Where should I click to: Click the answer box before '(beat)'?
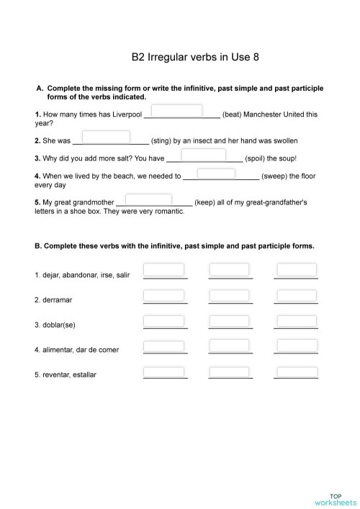pos(177,111)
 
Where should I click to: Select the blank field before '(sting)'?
pos(107,137)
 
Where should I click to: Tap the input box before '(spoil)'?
pos(204,155)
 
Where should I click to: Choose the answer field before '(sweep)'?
pos(216,174)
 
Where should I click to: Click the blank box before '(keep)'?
pos(148,199)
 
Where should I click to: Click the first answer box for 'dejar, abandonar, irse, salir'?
pos(164,270)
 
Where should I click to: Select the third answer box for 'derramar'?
pos(297,296)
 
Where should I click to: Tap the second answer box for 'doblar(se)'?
pos(229,320)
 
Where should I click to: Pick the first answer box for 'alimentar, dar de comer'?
pos(164,346)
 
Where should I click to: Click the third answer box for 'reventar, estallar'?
pos(297,372)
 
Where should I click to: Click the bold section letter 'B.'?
pos(38,246)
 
